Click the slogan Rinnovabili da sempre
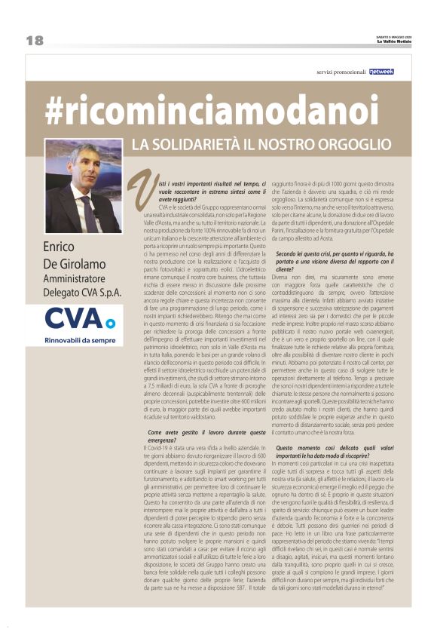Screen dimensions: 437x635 coord(81,340)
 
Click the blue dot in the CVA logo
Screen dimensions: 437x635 coord(110,324)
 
